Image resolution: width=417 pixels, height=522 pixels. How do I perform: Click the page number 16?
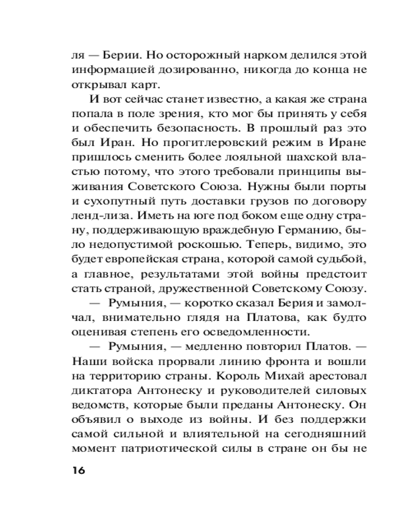(76, 469)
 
